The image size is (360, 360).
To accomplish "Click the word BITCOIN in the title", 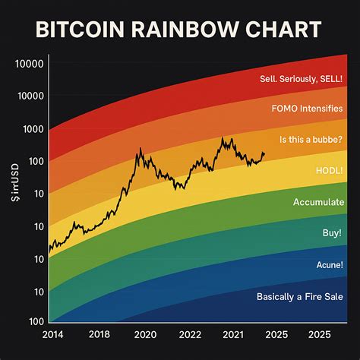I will tap(79, 30).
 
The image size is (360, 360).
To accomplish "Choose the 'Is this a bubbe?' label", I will tap(311, 139).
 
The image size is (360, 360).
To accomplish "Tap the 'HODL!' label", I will tap(329, 171).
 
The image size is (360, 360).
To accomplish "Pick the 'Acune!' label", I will tap(329, 265).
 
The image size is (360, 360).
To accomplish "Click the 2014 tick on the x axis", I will tap(52, 334).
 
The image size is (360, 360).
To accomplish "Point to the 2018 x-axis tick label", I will tap(99, 334).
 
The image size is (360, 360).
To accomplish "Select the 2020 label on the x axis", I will tap(145, 334).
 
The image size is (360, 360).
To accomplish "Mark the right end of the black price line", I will tap(265, 154).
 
